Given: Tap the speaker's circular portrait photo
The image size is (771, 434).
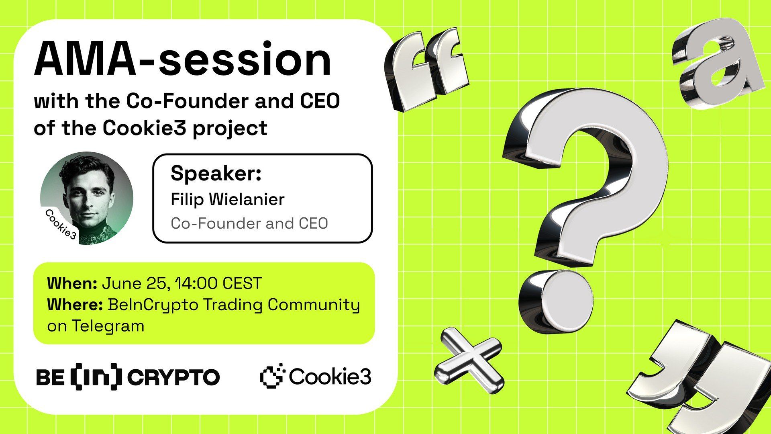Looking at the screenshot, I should click(87, 198).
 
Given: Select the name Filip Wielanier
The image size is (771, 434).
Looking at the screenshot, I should click(227, 199).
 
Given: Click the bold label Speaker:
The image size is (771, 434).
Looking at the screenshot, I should click(216, 174).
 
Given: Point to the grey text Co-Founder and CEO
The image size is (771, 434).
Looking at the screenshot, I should click(249, 223).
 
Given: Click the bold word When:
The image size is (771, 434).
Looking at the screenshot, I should click(72, 283).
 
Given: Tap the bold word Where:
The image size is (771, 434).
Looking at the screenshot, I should click(75, 305).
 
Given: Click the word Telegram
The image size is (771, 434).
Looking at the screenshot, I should click(108, 325).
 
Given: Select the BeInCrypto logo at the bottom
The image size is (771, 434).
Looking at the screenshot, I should click(128, 377).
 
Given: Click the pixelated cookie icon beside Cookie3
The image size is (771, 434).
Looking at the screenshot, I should click(272, 376).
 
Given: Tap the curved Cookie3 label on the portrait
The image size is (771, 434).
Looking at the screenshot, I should click(61, 224).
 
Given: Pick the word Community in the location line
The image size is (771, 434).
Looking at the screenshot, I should click(314, 305).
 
